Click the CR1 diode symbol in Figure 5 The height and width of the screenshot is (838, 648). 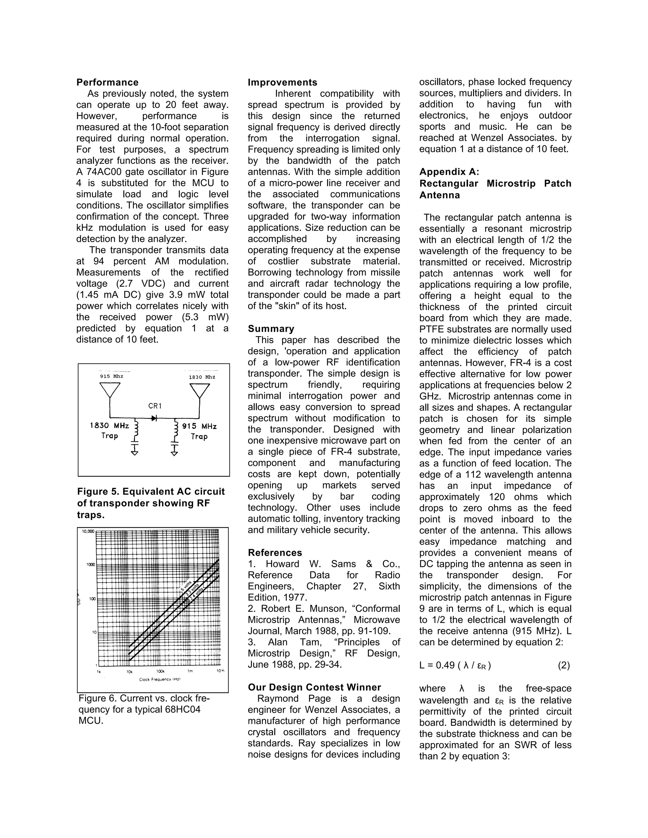click(154, 418)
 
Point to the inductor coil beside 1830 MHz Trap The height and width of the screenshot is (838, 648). click(136, 430)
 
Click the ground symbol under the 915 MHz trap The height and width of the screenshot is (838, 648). click(174, 453)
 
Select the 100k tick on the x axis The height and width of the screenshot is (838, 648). click(160, 671)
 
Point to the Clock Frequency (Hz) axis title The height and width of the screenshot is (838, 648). click(160, 680)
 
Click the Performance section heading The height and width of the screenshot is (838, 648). click(108, 83)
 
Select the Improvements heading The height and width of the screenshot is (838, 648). click(283, 83)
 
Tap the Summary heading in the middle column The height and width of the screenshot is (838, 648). click(271, 329)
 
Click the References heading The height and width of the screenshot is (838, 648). click(275, 552)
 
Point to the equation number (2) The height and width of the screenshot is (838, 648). click(564, 665)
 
